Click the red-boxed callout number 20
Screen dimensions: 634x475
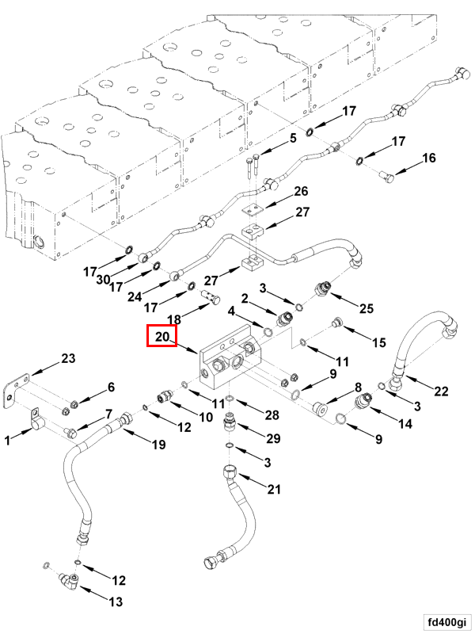pos(163,337)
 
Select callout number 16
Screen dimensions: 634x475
pos(427,158)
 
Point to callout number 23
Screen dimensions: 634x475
pos(68,359)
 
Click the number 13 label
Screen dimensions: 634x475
pos(116,602)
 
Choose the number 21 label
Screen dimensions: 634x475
pos(273,490)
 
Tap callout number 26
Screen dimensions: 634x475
pos(301,191)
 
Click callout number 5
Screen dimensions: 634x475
pos(292,138)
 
